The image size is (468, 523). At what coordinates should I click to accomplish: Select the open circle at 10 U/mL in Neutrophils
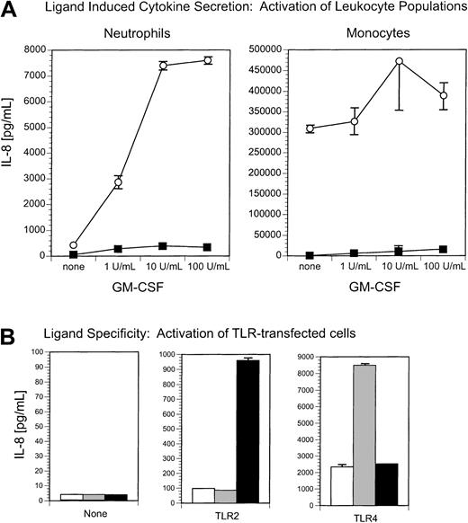[x=164, y=65]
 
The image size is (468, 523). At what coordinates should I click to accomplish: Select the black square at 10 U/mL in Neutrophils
[x=164, y=245]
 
